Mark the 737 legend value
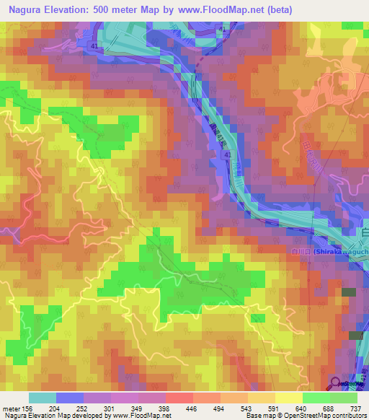tap(355, 408)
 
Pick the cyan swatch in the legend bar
tap(42, 398)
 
